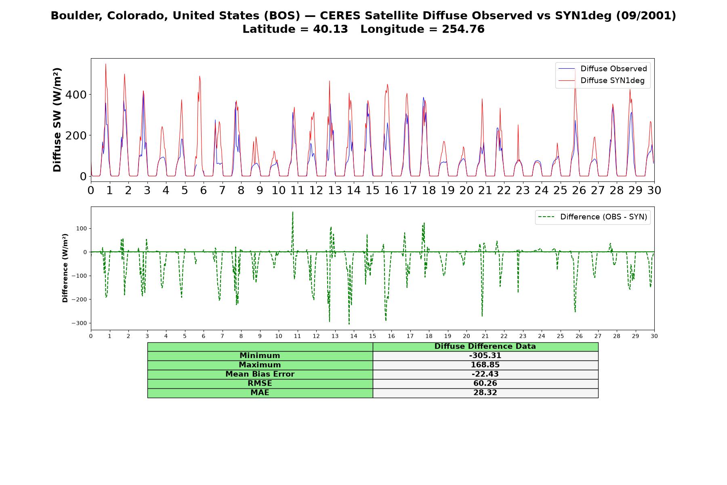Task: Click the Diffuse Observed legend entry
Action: click(603, 69)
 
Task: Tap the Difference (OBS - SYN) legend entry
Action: click(593, 217)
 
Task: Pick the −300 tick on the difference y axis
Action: click(79, 323)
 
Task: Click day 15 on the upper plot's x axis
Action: click(372, 190)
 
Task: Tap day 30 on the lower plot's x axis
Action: click(654, 336)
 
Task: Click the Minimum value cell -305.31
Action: click(485, 356)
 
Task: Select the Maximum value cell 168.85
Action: click(485, 365)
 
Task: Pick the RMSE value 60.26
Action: click(485, 384)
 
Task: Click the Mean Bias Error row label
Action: click(260, 374)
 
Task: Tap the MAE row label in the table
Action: click(260, 393)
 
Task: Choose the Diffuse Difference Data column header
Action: click(485, 347)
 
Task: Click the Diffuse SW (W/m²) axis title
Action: click(57, 120)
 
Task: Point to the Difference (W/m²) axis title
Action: click(65, 268)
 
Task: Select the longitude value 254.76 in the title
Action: click(463, 29)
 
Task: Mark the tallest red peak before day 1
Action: click(106, 64)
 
